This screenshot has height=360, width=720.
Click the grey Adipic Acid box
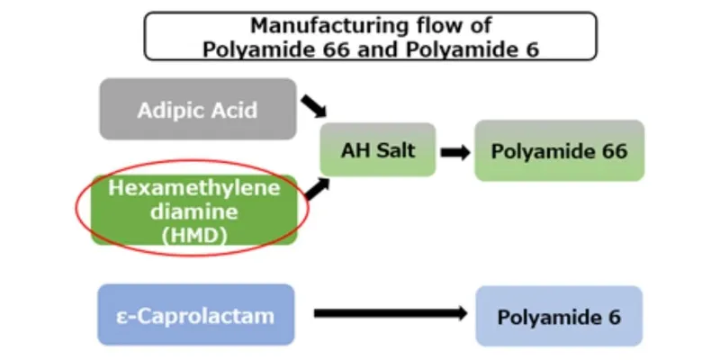pyautogui.click(x=197, y=109)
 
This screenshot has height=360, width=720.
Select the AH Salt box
pyautogui.click(x=378, y=149)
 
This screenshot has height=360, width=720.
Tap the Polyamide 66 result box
pyautogui.click(x=559, y=150)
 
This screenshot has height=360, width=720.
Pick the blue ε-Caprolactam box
pyautogui.click(x=195, y=315)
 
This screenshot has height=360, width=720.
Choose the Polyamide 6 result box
pyautogui.click(x=559, y=316)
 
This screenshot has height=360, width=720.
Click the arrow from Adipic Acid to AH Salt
pyautogui.click(x=313, y=107)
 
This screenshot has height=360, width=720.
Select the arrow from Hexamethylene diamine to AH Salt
pyautogui.click(x=315, y=188)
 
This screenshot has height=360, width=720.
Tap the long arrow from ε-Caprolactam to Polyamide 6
pyautogui.click(x=389, y=314)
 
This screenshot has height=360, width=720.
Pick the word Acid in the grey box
pyautogui.click(x=235, y=111)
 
